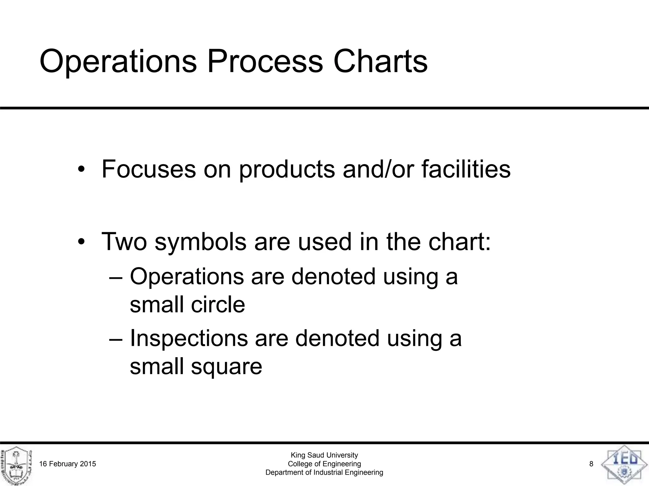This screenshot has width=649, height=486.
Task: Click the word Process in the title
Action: tap(265, 61)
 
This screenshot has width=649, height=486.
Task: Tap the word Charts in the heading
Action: tap(380, 61)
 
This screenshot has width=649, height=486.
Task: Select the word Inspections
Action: tap(189, 338)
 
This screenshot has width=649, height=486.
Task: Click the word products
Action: tap(286, 170)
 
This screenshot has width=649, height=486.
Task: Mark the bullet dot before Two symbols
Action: tap(81, 242)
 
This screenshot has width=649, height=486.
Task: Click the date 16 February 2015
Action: tap(67, 464)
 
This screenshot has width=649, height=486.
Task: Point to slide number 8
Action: tap(591, 464)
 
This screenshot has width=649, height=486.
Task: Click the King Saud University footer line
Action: tap(324, 455)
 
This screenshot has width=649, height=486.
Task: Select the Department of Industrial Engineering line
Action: tap(324, 472)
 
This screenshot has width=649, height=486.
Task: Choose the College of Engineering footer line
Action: tap(324, 464)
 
